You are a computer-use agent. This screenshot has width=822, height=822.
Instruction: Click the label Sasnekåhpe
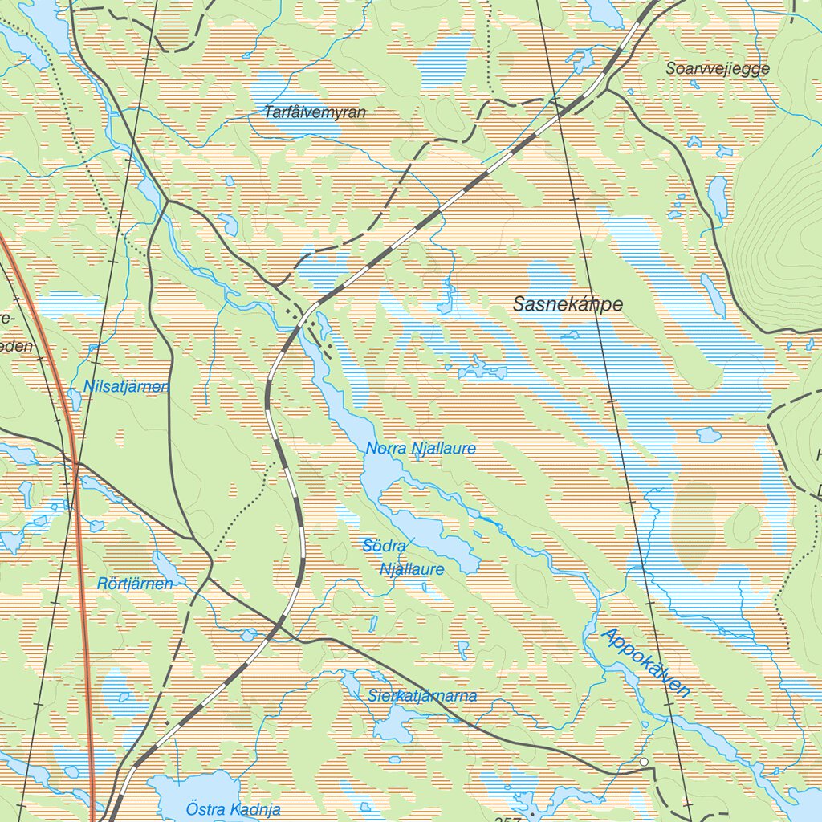[x=568, y=304]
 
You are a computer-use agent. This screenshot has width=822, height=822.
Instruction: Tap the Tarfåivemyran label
[x=315, y=113]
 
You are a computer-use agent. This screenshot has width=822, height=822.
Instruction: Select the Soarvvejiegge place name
[x=717, y=69]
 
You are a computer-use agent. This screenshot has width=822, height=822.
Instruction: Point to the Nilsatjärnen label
[x=126, y=387]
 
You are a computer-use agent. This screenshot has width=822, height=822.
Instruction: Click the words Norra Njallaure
[x=421, y=449]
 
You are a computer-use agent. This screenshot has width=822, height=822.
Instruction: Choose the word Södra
[x=385, y=546]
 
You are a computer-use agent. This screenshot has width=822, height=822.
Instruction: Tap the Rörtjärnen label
[x=135, y=584]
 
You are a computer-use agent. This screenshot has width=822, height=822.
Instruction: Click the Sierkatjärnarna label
[x=422, y=696]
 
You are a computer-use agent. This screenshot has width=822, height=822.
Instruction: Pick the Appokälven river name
[x=645, y=662]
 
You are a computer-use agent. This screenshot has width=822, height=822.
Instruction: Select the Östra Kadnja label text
[x=233, y=809]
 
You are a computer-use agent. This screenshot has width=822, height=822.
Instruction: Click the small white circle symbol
[x=644, y=761]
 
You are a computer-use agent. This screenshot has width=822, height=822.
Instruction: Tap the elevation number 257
[x=508, y=818]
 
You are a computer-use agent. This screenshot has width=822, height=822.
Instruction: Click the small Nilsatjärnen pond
[x=75, y=398]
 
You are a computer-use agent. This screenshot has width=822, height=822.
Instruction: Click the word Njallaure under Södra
[x=412, y=569]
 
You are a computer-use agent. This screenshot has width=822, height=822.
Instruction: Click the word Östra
[x=203, y=809]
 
